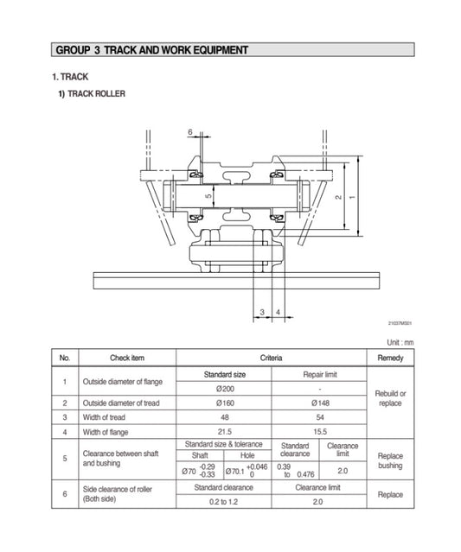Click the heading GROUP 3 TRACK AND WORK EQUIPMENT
151,50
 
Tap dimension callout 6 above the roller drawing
189,131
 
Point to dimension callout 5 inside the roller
208,197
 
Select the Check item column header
126,358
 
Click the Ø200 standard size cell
224,388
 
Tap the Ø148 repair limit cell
320,403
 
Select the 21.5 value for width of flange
224,432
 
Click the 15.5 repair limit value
320,432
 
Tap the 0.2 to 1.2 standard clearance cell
224,501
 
